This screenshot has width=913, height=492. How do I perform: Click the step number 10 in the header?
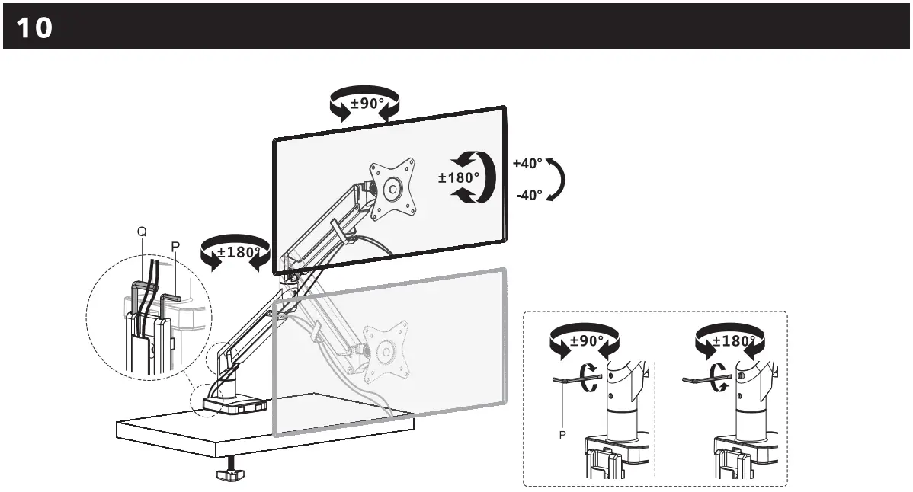34,28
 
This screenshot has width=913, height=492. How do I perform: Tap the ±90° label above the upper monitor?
367,104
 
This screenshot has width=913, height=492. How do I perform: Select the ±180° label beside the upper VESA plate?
459,177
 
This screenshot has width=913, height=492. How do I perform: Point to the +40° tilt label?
527,164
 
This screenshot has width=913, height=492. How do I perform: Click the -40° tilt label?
529,196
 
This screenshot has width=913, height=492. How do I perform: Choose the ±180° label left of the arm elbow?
239,252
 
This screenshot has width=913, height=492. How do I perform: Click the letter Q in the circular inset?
141,231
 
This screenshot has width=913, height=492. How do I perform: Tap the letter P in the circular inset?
175,247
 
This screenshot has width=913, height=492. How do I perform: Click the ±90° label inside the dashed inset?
587,341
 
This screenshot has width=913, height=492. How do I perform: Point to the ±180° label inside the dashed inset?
733,341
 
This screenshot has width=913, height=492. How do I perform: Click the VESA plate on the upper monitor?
392,187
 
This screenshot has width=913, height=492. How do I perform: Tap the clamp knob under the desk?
230,475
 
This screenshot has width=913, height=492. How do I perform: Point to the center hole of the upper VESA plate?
393,187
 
